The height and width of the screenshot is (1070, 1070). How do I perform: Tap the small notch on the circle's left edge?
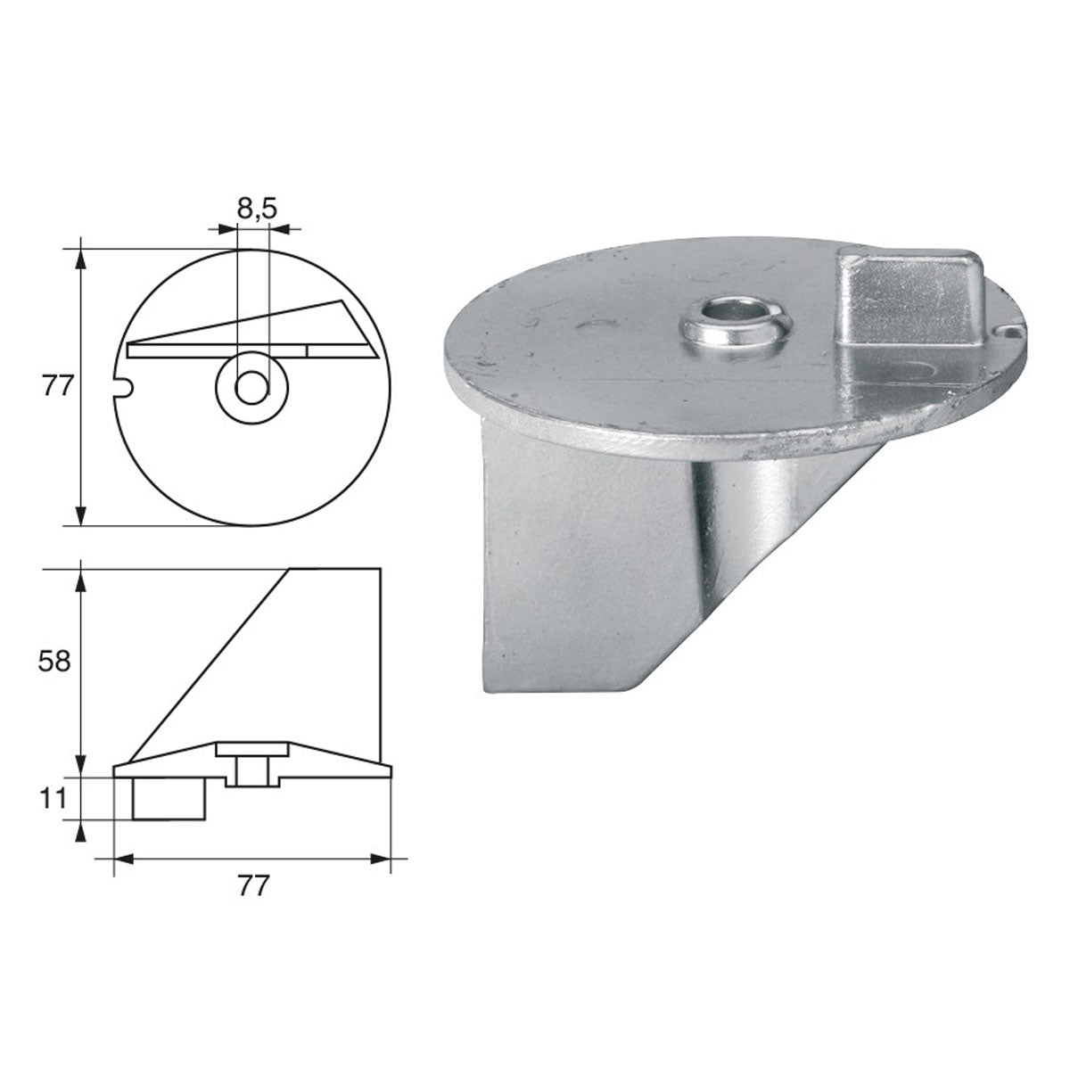pyautogui.click(x=125, y=385)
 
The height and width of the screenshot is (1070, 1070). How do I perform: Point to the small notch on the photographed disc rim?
pyautogui.click(x=1006, y=332)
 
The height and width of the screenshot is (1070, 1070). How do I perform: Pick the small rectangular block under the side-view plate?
pyautogui.click(x=169, y=798)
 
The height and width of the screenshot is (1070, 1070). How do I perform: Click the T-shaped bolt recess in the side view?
pyautogui.click(x=253, y=763)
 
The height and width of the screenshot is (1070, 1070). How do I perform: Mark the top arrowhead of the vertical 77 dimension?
pyautogui.click(x=82, y=257)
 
